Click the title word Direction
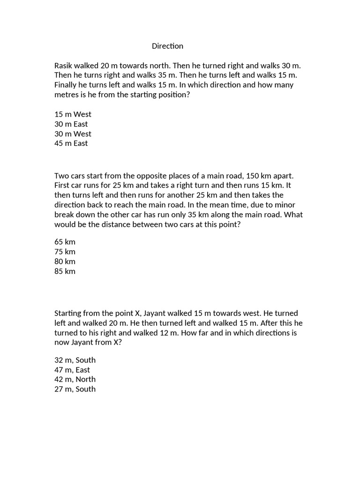point(167,46)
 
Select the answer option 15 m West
point(73,114)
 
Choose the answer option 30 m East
point(71,124)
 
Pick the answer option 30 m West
point(73,134)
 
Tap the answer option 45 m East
point(71,143)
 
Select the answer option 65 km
point(65,242)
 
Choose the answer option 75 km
point(65,252)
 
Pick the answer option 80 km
point(65,262)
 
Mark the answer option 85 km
point(65,271)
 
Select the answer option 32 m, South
point(75,360)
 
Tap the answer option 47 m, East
point(72,370)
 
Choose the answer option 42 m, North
point(75,379)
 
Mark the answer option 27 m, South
point(75,389)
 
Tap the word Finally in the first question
point(67,85)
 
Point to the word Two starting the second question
point(61,176)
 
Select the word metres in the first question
point(67,95)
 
